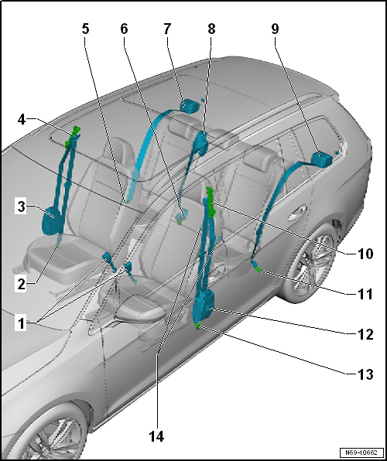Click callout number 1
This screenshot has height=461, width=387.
coord(21,323)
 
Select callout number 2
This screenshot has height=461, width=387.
coord(21,285)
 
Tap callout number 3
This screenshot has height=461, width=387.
coord(21,207)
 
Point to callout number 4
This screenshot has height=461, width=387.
coord(21,119)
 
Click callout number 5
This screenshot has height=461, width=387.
coord(85,29)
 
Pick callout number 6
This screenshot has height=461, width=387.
coord(124,29)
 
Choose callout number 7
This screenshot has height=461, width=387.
coord(166,29)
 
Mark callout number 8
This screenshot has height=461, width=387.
coord(211,29)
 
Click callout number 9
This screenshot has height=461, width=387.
coord(275,29)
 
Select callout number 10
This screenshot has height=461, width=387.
coord(365,254)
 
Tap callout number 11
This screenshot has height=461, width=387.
coord(365,294)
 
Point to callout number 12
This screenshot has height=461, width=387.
coord(365,335)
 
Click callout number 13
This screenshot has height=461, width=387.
coord(365,375)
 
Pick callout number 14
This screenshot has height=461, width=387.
coord(156,436)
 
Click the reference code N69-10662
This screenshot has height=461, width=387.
coord(361,452)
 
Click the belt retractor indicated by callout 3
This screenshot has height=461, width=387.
coord(51,220)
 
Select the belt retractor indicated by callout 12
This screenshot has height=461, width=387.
coord(204,306)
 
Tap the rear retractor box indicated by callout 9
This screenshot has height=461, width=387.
coord(322,159)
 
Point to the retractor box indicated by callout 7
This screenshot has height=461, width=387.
coord(190,105)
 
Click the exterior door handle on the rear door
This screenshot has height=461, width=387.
coord(297,212)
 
